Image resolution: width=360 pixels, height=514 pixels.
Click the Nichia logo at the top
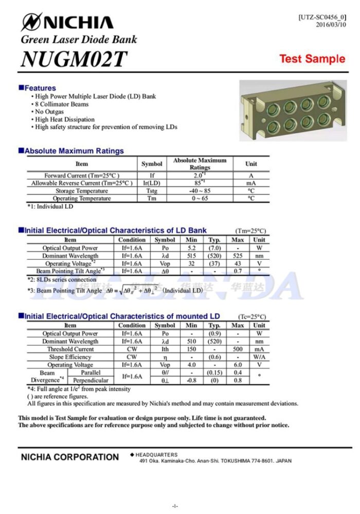coord(67,22)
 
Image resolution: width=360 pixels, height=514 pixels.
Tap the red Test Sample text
coord(312,59)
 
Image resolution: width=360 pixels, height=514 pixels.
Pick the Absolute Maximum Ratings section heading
coord(74,151)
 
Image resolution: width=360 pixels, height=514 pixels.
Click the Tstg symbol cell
coord(152,191)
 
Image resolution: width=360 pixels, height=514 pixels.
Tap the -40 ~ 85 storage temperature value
coord(200,191)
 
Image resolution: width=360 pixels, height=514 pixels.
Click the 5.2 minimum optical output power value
coord(191,248)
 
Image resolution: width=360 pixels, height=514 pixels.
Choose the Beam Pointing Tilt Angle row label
coord(70,271)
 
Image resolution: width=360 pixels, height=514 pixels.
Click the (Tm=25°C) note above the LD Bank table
coord(251,231)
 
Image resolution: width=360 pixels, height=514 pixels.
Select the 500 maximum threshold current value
coord(238,349)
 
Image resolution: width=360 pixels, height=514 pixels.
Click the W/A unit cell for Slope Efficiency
coord(260,357)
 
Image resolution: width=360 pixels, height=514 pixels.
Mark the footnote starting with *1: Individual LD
coord(50,207)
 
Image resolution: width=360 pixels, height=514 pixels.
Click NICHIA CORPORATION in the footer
coord(69,457)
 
